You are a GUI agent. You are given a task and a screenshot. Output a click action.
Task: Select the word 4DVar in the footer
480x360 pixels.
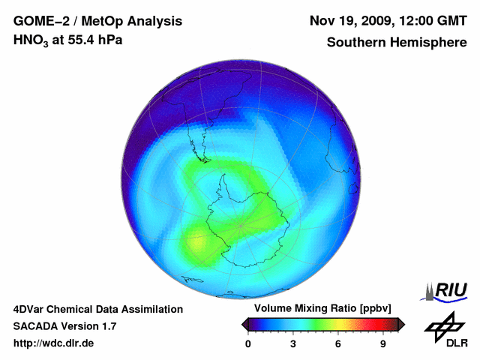pyautogui.click(x=30, y=309)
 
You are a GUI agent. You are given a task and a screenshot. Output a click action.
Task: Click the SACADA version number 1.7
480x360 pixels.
pyautogui.click(x=106, y=326)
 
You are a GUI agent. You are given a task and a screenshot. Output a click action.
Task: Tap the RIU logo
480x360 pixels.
pyautogui.click(x=445, y=290)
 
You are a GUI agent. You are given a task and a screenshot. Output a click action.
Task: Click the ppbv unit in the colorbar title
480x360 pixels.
pyautogui.click(x=376, y=309)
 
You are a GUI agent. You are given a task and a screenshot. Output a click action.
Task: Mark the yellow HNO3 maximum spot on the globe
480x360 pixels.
pyautogui.click(x=196, y=243)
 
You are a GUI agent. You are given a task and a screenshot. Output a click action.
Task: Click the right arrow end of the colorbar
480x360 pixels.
pyautogui.click(x=401, y=324)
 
